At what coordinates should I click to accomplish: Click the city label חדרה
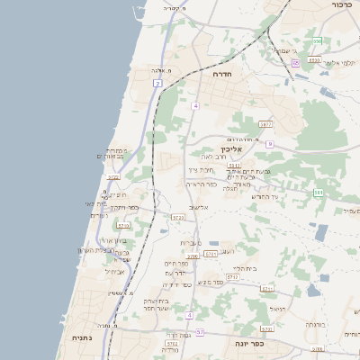click(x=222, y=75)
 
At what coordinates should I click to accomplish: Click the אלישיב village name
click(x=199, y=208)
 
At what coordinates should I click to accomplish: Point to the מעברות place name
click(x=190, y=243)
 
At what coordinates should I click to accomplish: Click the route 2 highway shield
click(x=157, y=84)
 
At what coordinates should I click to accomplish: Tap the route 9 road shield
click(x=269, y=144)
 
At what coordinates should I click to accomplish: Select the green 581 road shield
click(x=318, y=192)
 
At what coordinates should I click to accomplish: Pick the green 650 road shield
click(x=317, y=40)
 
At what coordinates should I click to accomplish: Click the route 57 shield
click(x=200, y=333)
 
